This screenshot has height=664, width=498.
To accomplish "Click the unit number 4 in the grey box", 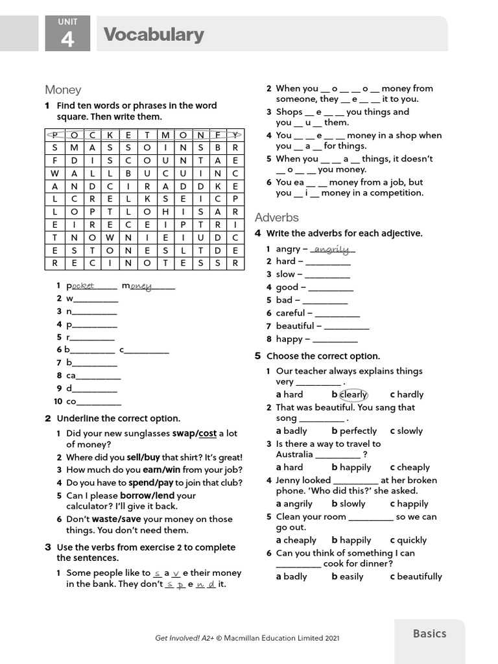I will coord(67,40).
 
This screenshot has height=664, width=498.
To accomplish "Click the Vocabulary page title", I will coord(154,34).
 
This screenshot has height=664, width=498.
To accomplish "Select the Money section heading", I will coord(63,90).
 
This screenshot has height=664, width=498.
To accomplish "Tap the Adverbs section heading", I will coord(276,217).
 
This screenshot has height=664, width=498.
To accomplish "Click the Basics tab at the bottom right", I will coord(429,634).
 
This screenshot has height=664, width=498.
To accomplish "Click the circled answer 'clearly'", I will coord(353,394).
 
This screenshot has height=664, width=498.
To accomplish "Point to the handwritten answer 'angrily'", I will coord(332,249).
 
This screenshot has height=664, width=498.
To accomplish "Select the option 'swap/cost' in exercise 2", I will coord(194,433).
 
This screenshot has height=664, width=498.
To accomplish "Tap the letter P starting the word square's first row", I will coord(54,135).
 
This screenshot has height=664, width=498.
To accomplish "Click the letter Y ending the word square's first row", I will coord(236,135).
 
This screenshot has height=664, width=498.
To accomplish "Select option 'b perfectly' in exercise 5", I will coord(354,431).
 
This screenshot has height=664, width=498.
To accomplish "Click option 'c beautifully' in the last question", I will coord(416,576).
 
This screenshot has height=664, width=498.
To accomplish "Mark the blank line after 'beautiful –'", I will coord(346,327).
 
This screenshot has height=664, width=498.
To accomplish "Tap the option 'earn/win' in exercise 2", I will coord(161,469).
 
